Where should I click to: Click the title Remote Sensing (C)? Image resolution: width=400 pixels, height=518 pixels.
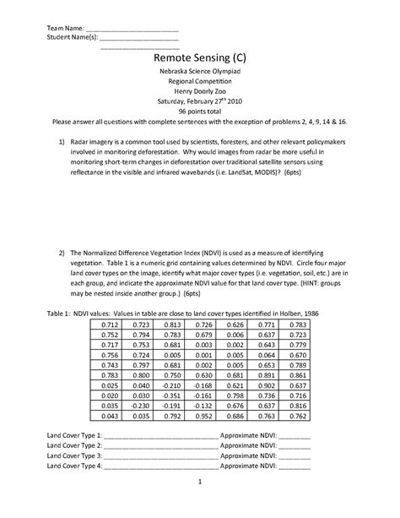199,57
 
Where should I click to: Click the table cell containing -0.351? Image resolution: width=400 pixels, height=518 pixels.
171,395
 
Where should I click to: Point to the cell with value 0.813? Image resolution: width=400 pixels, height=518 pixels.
171,324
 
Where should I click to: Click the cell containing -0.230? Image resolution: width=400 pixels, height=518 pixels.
139,406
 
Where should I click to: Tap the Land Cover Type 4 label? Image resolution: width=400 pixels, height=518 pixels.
73,466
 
